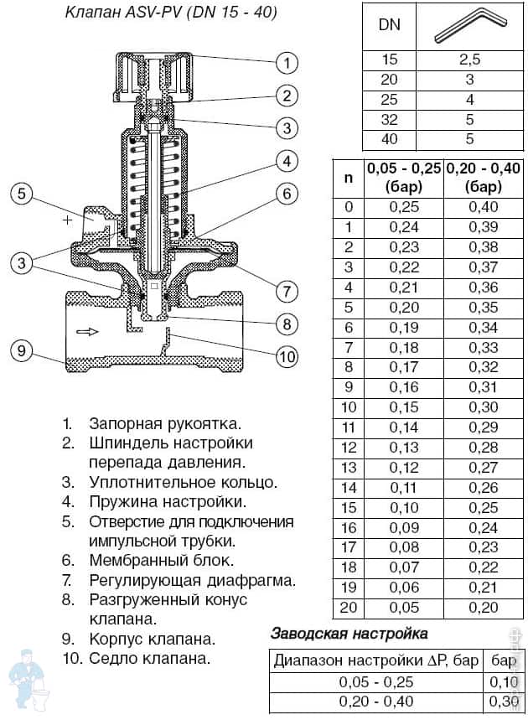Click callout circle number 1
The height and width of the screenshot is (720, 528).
coord(287,62)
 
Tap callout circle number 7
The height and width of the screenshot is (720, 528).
coord(287,291)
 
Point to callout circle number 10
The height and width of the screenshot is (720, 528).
coord(287,356)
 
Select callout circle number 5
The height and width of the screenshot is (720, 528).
coord(23,194)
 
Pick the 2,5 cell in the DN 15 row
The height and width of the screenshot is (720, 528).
coord(469,60)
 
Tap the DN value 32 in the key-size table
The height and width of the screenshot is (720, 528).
coord(390,119)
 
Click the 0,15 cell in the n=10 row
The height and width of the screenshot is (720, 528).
coord(404,407)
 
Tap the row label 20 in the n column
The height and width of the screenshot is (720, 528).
coord(349,609)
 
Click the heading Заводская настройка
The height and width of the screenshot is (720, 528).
coord(349,634)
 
